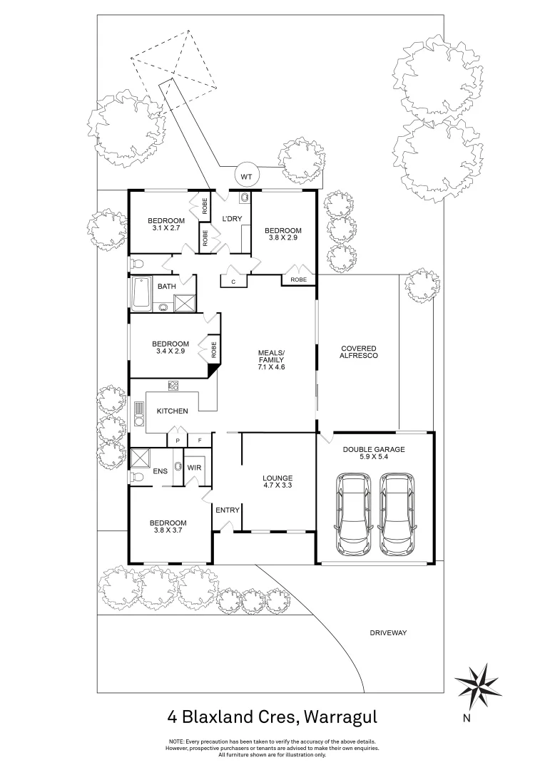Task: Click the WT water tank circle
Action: point(247,175)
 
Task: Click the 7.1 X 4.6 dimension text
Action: point(271,366)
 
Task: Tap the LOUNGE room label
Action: point(277,478)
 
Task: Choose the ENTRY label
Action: point(227,510)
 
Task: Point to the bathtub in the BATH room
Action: point(141,294)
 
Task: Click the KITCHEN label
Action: point(173,411)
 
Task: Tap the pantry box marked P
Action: point(177,441)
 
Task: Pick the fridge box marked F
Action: point(200,441)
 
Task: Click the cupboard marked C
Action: point(233,281)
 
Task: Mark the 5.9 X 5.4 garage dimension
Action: point(374,458)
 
